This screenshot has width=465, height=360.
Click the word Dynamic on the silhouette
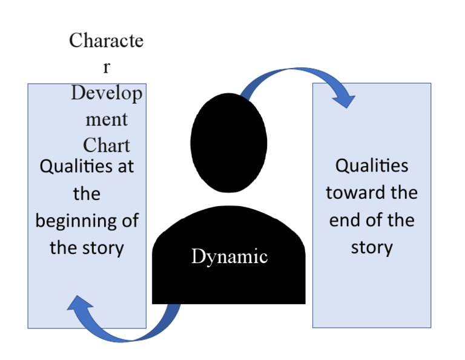click(x=229, y=256)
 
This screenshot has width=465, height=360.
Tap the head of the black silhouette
click(x=228, y=139)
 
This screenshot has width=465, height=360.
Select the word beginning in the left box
click(x=76, y=221)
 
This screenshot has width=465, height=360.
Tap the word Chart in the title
click(x=107, y=145)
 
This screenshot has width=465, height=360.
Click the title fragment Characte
click(x=107, y=41)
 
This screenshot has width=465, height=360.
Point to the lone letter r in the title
click(x=107, y=67)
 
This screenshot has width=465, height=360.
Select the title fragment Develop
click(x=107, y=93)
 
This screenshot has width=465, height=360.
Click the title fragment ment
click(x=107, y=119)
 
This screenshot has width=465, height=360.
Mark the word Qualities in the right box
click(x=372, y=165)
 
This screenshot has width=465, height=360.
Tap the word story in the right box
click(x=372, y=247)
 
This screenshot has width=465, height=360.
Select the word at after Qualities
click(x=125, y=166)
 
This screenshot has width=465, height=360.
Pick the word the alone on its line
click(x=87, y=193)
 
